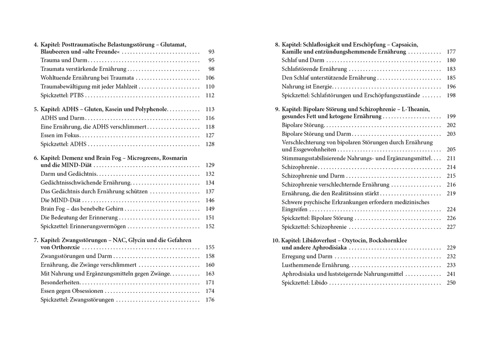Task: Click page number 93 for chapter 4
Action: click(x=211, y=51)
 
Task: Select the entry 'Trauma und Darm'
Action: click(x=64, y=60)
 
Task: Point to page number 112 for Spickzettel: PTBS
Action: click(x=210, y=95)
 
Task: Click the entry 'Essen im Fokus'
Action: click(x=60, y=135)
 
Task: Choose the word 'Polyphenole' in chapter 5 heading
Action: click(x=151, y=109)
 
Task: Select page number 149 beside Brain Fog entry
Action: click(x=210, y=209)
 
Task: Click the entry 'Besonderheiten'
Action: click(x=60, y=282)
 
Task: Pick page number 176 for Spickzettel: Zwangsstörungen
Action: click(x=210, y=300)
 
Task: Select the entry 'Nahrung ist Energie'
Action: click(x=306, y=87)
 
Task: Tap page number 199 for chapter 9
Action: click(x=451, y=117)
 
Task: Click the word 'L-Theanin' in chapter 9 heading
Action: click(x=415, y=110)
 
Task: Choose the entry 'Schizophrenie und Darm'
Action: click(x=313, y=176)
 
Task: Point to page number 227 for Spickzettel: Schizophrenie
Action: click(x=451, y=227)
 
